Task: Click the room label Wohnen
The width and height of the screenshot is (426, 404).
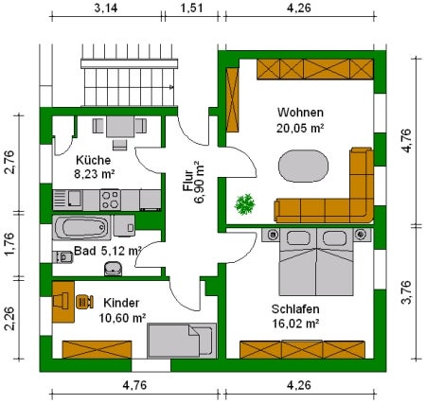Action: (300, 113)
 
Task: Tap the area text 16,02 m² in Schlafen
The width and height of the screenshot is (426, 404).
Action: (295, 324)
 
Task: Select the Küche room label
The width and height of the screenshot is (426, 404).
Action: (94, 160)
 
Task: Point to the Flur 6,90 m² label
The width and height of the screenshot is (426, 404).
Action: (194, 183)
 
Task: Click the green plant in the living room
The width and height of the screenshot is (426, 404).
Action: (244, 204)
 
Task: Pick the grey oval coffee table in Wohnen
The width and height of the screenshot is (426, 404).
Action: (303, 166)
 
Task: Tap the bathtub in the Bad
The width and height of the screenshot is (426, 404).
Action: (81, 227)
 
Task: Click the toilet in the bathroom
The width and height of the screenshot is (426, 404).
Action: (62, 257)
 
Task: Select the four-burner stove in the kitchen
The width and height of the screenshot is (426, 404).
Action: (110, 200)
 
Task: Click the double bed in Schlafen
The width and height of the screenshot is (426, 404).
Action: (316, 262)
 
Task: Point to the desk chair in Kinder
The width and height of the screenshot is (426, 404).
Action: (84, 302)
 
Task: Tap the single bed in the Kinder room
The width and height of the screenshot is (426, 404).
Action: (183, 341)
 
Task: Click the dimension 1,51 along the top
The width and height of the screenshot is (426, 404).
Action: (191, 8)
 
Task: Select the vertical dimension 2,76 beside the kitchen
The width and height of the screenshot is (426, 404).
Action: (9, 162)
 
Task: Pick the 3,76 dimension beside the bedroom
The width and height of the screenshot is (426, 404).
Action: (406, 292)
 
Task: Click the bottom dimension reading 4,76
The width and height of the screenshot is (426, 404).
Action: (134, 385)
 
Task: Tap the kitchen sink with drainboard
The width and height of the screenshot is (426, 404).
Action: (67, 200)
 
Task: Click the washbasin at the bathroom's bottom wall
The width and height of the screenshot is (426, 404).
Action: (113, 268)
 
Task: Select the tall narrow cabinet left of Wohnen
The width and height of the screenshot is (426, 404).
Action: (233, 100)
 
